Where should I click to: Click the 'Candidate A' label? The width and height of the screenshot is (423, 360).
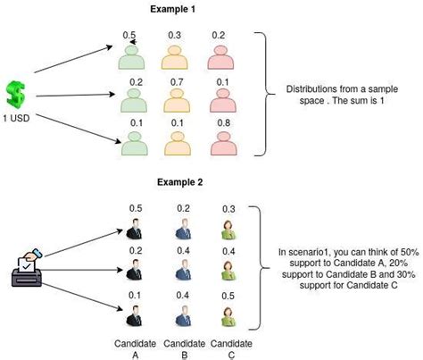click(x=134, y=349)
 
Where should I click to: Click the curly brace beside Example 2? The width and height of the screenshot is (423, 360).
click(x=260, y=266)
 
